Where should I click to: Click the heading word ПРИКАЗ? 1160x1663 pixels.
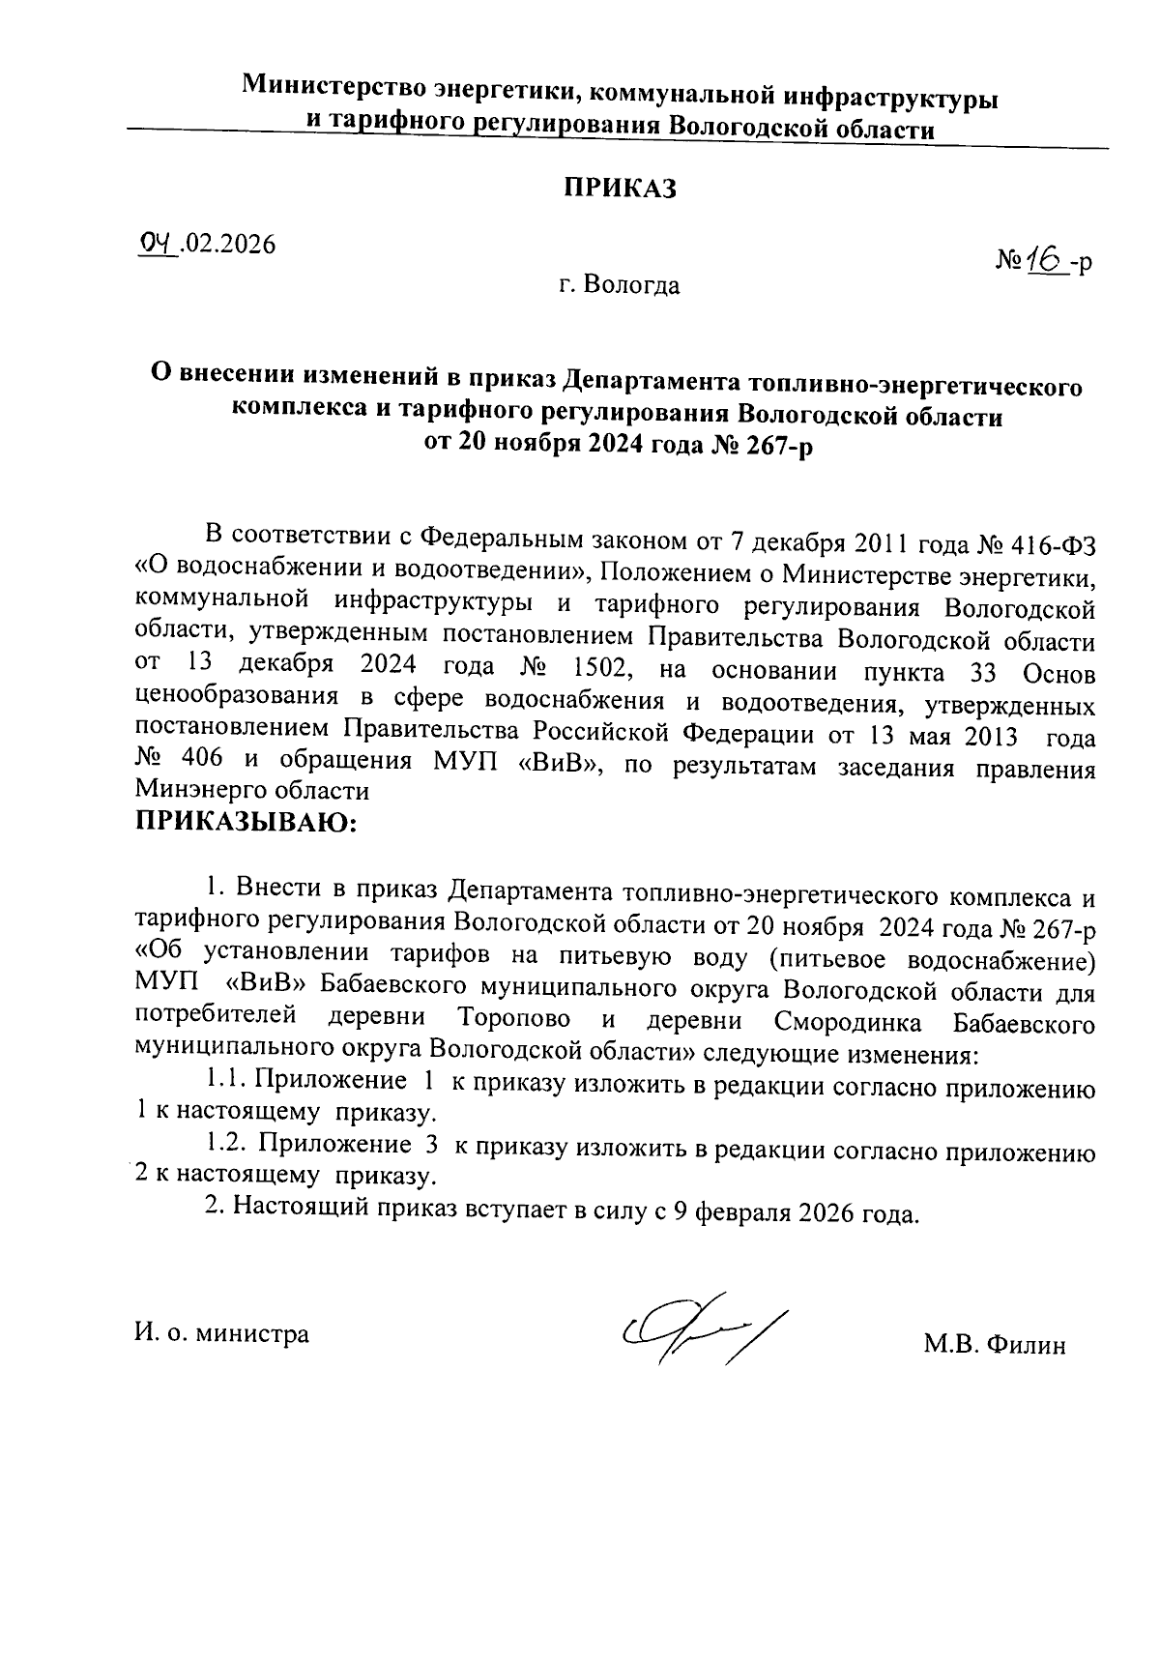click(x=620, y=189)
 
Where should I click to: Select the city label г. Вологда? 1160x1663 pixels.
click(x=619, y=286)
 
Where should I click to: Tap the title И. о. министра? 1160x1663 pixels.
click(x=222, y=1334)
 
